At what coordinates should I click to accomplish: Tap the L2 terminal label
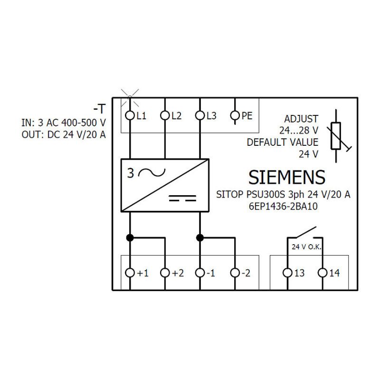176,116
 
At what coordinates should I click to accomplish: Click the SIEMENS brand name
287,177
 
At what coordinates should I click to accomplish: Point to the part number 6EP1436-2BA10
283,207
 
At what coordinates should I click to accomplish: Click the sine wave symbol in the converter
152,172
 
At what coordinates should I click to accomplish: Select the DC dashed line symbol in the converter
182,198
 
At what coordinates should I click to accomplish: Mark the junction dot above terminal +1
130,238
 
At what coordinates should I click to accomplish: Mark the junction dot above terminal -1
200,238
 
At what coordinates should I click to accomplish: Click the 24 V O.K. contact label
306,247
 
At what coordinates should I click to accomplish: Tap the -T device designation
100,109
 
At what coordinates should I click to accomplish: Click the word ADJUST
301,119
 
